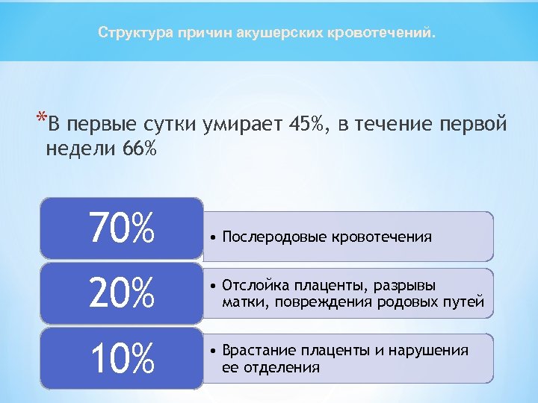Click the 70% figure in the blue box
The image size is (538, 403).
tap(121, 228)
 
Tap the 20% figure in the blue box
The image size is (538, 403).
tap(121, 293)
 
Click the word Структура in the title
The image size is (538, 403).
tap(134, 34)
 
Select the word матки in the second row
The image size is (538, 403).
tap(242, 302)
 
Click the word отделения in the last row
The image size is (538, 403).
tap(279, 367)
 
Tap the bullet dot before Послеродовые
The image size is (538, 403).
tap(214, 237)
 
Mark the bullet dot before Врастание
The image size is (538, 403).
tap(214, 352)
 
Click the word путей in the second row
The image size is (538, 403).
tap(468, 302)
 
